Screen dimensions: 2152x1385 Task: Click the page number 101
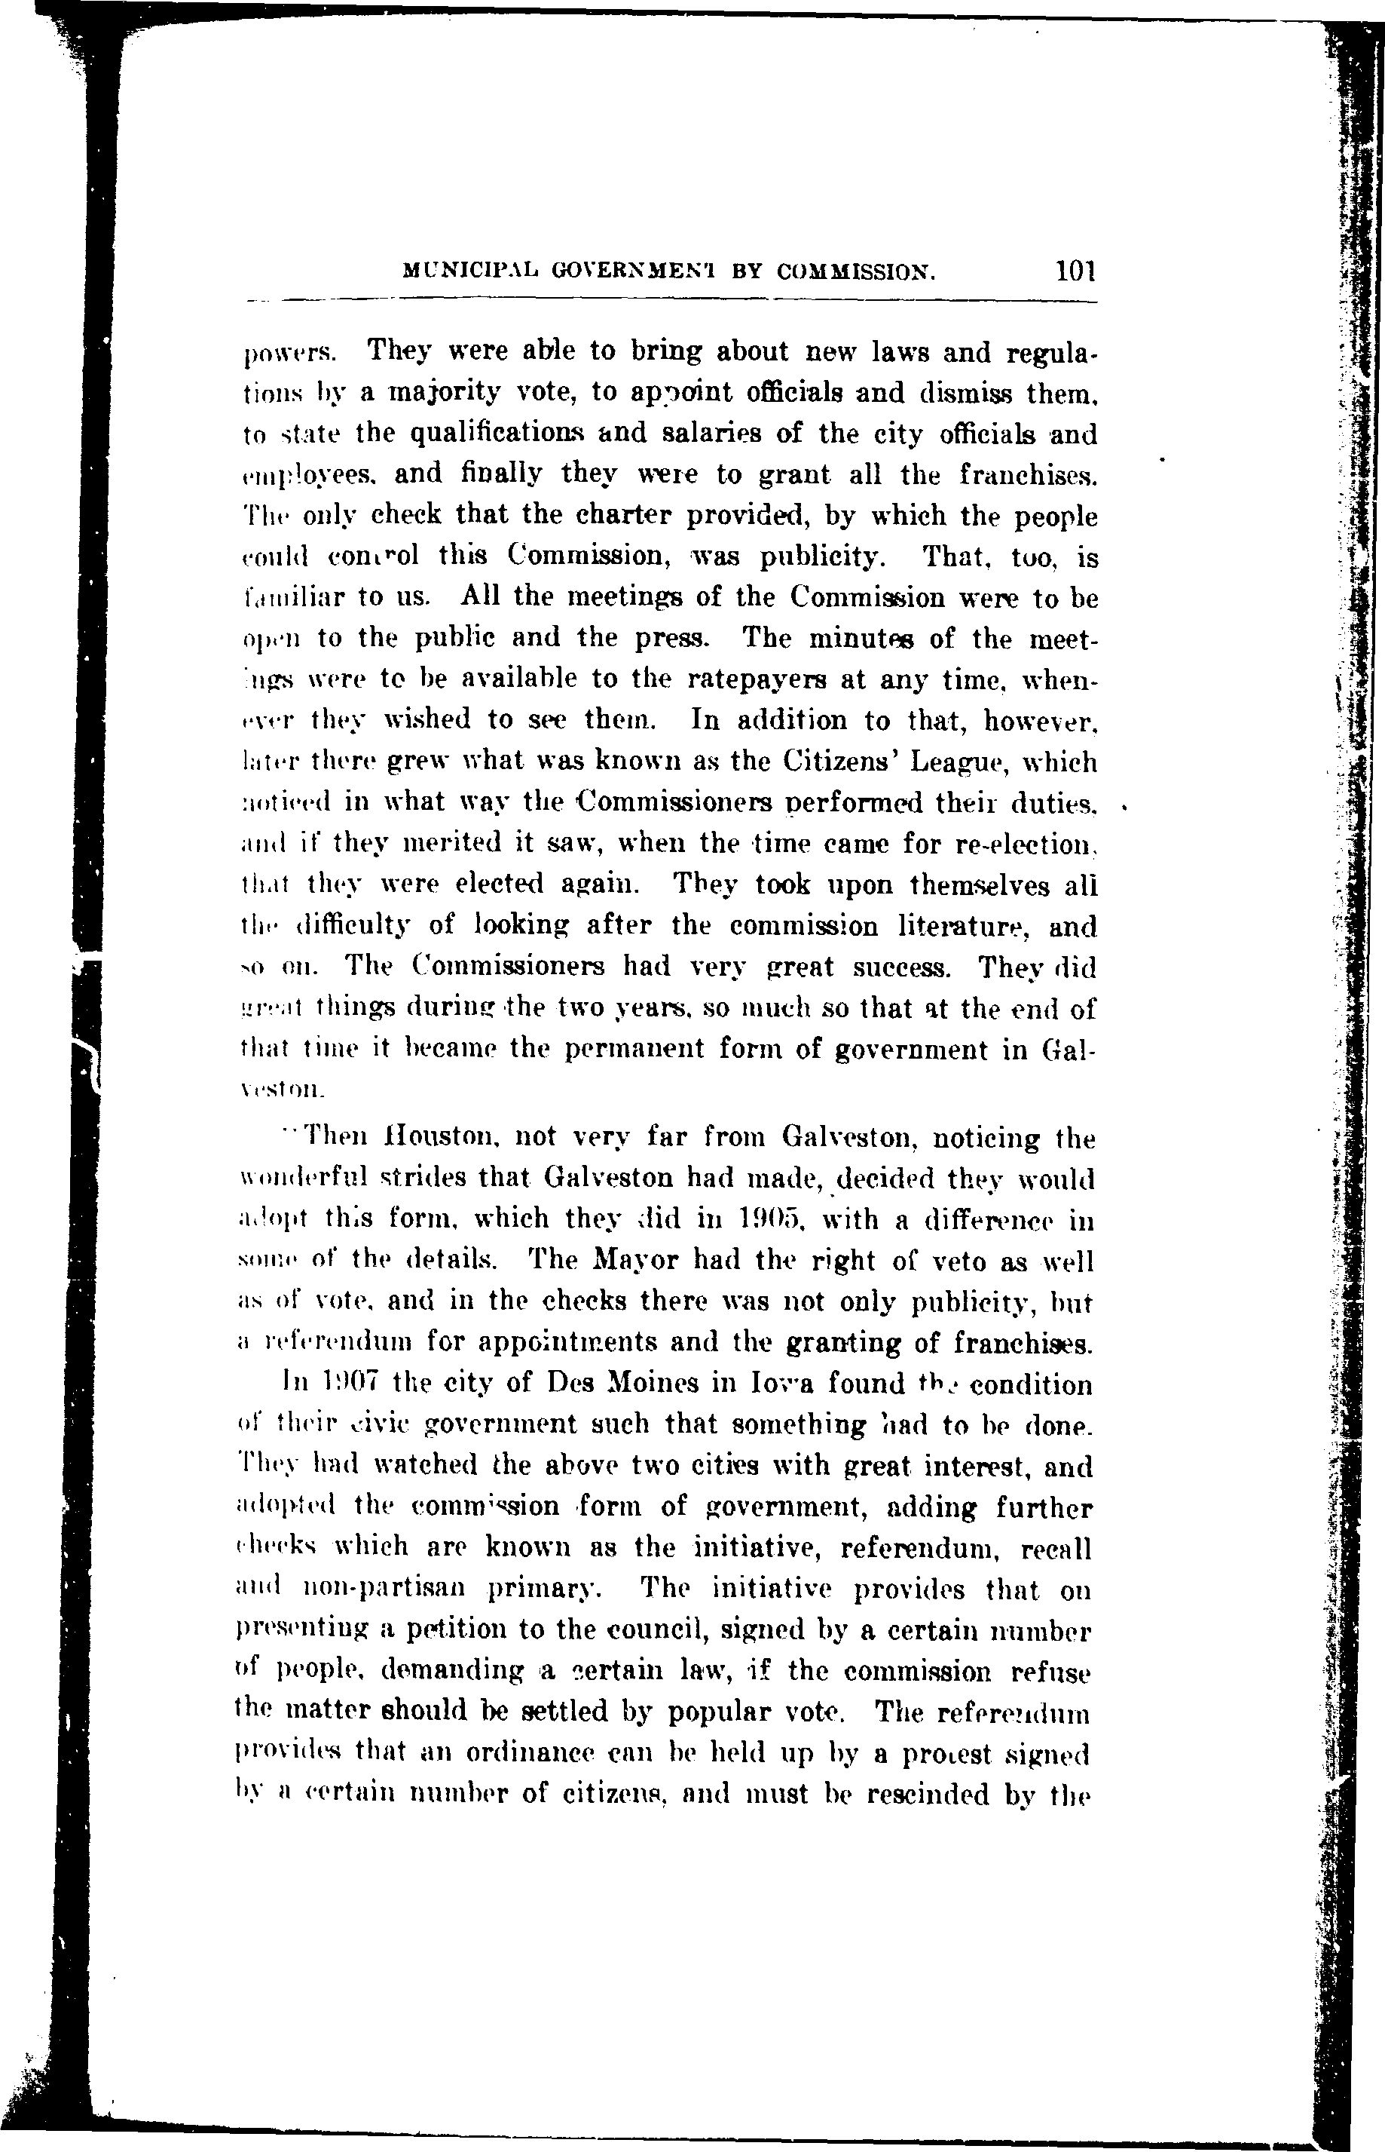point(1075,270)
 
